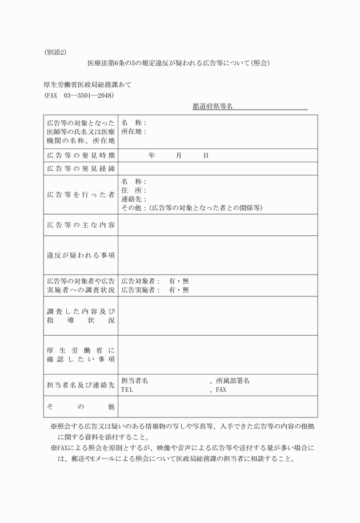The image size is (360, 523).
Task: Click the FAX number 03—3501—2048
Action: pos(89,95)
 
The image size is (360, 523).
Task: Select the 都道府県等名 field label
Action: pos(212,106)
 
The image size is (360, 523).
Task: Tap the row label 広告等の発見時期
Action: pos(81,155)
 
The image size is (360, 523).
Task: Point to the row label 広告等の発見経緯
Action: pos(81,168)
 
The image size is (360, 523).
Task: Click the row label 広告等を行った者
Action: pos(81,195)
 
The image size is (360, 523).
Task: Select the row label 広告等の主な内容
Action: pos(81,225)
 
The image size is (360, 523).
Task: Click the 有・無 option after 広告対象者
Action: pos(179,281)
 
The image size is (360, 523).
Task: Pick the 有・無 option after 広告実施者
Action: pos(179,290)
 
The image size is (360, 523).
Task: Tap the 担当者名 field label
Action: pos(135,381)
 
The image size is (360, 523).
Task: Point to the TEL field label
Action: pos(127,390)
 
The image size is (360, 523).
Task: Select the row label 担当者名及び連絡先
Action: pos(81,385)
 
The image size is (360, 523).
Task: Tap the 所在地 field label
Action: pos(133,131)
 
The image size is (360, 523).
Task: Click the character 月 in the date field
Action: pos(179,155)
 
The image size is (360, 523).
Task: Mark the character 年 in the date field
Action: pos(151,155)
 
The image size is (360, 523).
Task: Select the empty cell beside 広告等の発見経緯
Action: pos(218,168)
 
